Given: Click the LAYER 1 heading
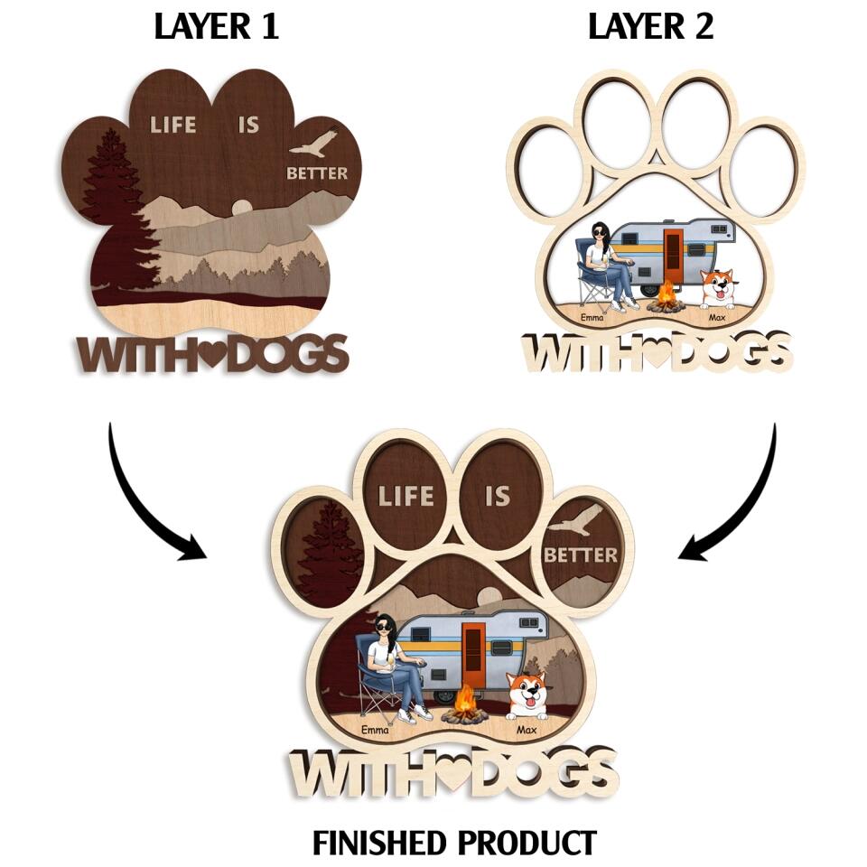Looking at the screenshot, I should [216, 27].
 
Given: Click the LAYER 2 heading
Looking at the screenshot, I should [650, 27].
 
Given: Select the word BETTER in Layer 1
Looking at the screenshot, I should [317, 172].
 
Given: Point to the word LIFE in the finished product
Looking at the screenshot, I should [406, 495].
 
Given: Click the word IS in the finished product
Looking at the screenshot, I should [498, 495].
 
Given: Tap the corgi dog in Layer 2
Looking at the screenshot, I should [719, 290].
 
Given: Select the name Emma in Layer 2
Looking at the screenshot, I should [592, 317].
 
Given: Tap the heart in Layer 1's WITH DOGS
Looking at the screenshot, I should [213, 353].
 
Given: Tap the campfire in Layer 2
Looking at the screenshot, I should [667, 297].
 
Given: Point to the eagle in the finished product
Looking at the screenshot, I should [574, 521].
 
